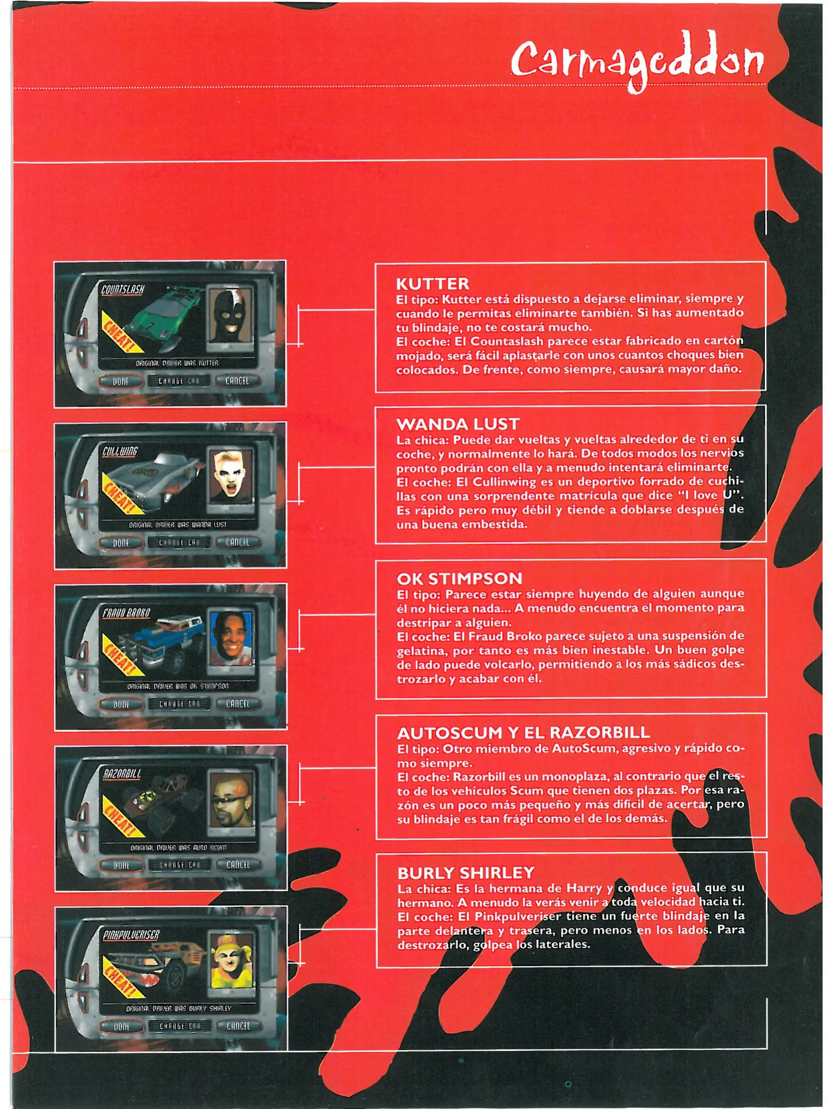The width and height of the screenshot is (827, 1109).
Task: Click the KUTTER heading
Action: click(433, 284)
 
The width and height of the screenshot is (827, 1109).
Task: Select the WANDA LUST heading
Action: click(458, 424)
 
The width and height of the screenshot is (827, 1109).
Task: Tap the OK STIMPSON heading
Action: click(459, 579)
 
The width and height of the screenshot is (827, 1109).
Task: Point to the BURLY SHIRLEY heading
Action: click(466, 873)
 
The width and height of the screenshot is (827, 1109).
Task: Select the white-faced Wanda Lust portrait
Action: click(231, 477)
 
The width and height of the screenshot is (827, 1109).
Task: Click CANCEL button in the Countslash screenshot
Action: click(237, 381)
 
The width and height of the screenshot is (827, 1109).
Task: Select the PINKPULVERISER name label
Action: click(131, 935)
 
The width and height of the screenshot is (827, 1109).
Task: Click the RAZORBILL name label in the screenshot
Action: click(122, 774)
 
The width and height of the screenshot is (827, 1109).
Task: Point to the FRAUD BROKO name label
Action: click(126, 613)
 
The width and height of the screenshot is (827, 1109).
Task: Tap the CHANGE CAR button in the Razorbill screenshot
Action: click(179, 865)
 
